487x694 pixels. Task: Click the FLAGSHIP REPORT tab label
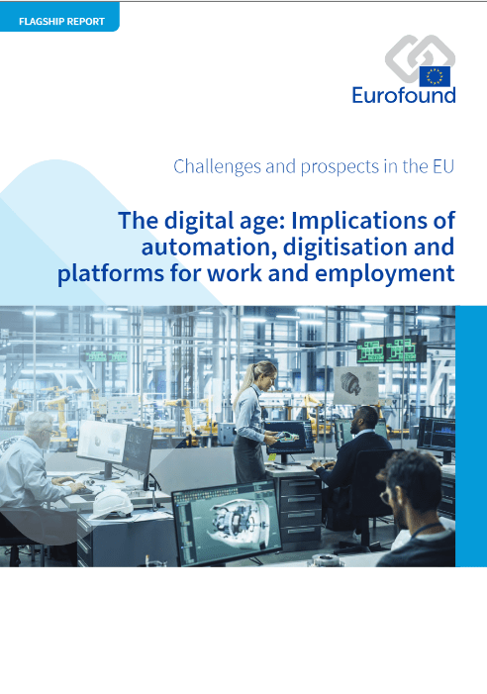coord(61,21)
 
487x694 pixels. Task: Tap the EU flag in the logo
coord(435,76)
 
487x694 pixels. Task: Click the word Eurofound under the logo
coord(404,95)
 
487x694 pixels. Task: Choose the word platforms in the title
coord(111,273)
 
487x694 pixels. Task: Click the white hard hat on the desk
coord(111,503)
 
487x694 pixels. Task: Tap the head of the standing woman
coord(263,374)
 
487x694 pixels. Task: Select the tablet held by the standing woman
coord(287,437)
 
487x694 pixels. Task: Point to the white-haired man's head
coord(40,427)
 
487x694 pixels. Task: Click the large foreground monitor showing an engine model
coord(227,523)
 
